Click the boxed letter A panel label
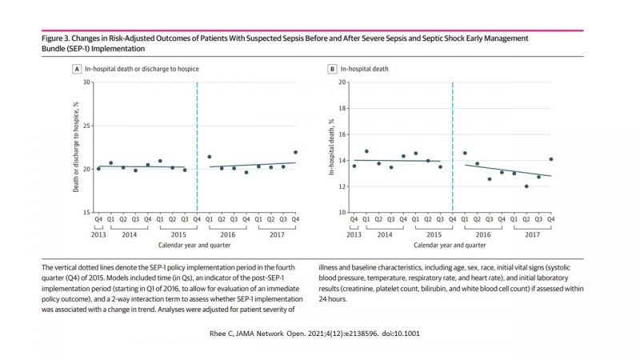76,69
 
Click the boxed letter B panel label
332,69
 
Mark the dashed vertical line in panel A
197,144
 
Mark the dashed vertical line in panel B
453,144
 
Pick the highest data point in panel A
295,152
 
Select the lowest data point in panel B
526,186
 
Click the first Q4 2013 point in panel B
354,166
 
